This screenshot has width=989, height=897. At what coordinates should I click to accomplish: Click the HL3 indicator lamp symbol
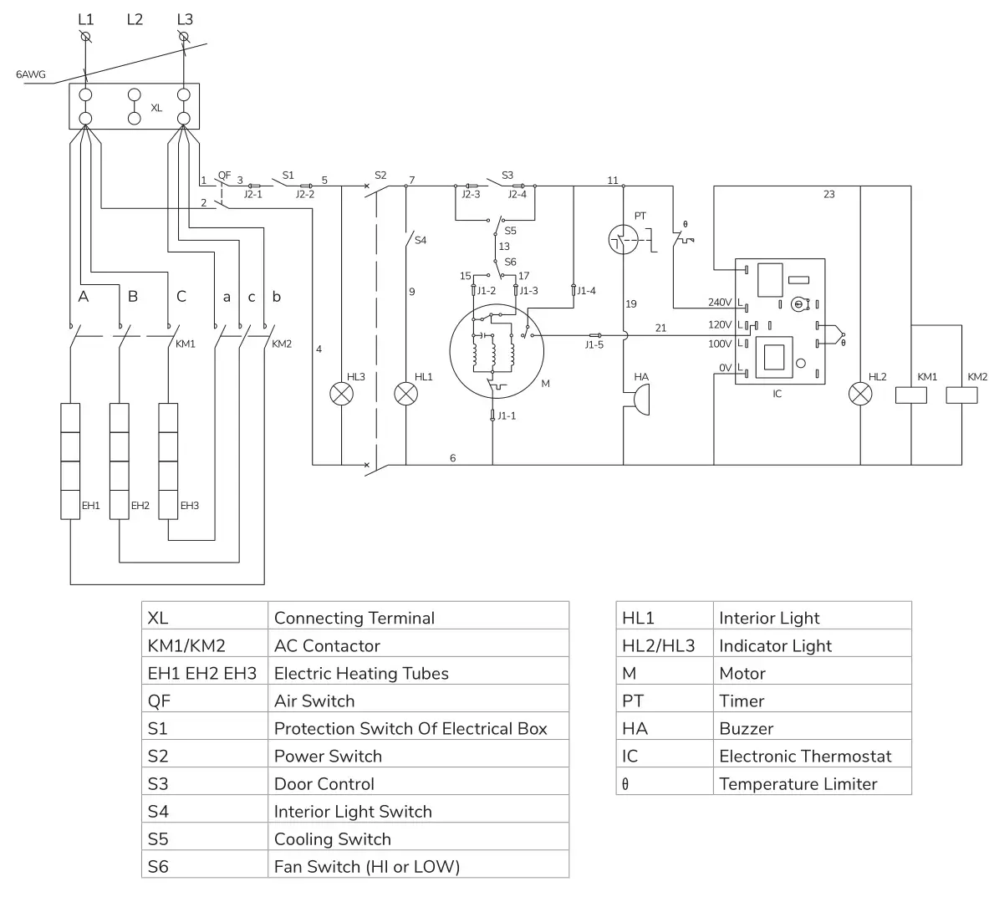pyautogui.click(x=341, y=395)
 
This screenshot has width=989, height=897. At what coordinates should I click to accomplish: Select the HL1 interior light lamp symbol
pyautogui.click(x=405, y=395)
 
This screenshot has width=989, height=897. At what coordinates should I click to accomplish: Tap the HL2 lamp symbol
pyautogui.click(x=860, y=395)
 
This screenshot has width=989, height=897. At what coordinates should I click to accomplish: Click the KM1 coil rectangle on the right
pyautogui.click(x=911, y=395)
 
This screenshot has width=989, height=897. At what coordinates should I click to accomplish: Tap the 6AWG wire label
pyautogui.click(x=32, y=74)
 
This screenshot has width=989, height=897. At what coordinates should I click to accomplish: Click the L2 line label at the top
pyautogui.click(x=135, y=19)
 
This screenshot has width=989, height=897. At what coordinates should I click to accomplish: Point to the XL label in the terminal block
pyautogui.click(x=156, y=108)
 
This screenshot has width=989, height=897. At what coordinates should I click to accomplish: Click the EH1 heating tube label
pyautogui.click(x=90, y=506)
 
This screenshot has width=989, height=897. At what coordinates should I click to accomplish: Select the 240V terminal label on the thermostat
pyautogui.click(x=719, y=303)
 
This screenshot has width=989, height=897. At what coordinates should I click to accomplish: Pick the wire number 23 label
pyautogui.click(x=828, y=194)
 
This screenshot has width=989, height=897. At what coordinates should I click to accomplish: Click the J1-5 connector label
pyautogui.click(x=594, y=345)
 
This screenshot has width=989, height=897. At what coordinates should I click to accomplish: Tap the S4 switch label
pyautogui.click(x=421, y=241)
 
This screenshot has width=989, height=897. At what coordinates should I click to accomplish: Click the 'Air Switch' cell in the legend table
pyautogui.click(x=418, y=701)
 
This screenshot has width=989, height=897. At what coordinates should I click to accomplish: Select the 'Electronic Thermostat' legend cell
pyautogui.click(x=812, y=756)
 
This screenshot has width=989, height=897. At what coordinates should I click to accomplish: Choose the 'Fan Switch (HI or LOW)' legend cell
pyautogui.click(x=418, y=866)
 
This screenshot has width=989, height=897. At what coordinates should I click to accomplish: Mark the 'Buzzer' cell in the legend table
pyautogui.click(x=812, y=728)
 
